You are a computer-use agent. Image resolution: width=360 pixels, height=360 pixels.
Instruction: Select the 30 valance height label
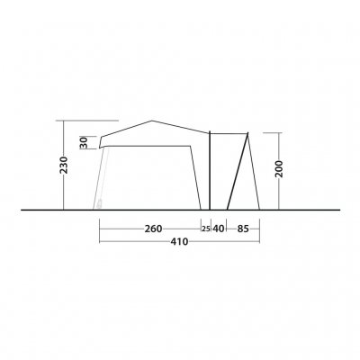(84, 142)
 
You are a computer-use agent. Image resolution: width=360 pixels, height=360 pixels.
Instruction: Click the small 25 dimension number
(205, 229)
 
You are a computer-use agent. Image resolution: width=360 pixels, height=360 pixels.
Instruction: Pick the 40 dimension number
(219, 229)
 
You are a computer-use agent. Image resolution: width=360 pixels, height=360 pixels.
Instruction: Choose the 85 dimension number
(244, 229)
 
